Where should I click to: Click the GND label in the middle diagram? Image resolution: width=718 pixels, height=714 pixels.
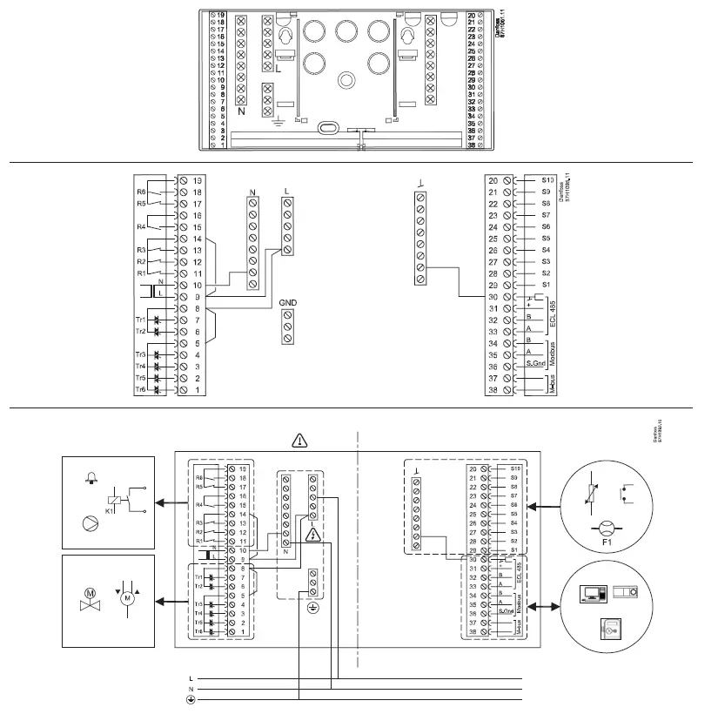pyautogui.click(x=288, y=304)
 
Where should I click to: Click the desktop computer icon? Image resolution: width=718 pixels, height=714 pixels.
pyautogui.click(x=594, y=595)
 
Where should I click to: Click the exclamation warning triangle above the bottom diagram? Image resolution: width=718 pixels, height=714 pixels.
pyautogui.click(x=300, y=441)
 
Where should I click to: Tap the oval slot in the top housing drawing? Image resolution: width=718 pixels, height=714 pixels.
pyautogui.click(x=325, y=127)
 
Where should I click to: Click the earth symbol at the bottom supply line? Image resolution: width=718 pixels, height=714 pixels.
pyautogui.click(x=191, y=699)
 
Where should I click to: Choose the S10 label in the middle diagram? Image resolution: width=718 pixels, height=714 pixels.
pyautogui.click(x=547, y=178)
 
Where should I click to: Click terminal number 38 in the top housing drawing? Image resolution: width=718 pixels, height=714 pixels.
pyautogui.click(x=471, y=145)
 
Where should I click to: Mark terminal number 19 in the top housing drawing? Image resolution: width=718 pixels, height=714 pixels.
pyautogui.click(x=221, y=16)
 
